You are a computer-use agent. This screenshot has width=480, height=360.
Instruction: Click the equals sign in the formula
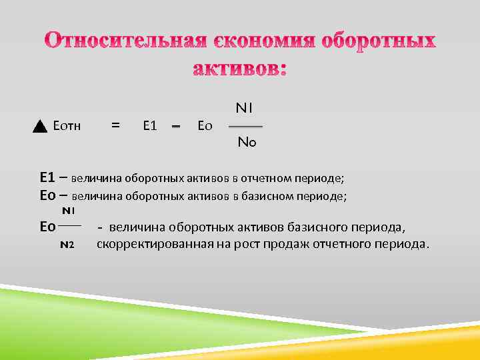pyautogui.click(x=115, y=124)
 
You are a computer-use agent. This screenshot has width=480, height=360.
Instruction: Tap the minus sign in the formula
pyautogui.click(x=177, y=125)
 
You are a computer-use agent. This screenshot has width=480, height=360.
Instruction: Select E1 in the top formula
pyautogui.click(x=149, y=125)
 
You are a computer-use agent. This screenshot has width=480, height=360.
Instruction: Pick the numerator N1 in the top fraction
pyautogui.click(x=244, y=107)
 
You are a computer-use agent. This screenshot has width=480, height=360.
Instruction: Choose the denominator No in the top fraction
pyautogui.click(x=246, y=142)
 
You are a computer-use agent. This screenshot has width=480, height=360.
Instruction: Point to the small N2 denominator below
pyautogui.click(x=67, y=245)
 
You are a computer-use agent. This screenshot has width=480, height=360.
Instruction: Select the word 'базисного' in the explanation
pyautogui.click(x=325, y=227)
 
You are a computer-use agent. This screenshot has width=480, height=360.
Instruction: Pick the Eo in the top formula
pyautogui.click(x=205, y=125)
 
